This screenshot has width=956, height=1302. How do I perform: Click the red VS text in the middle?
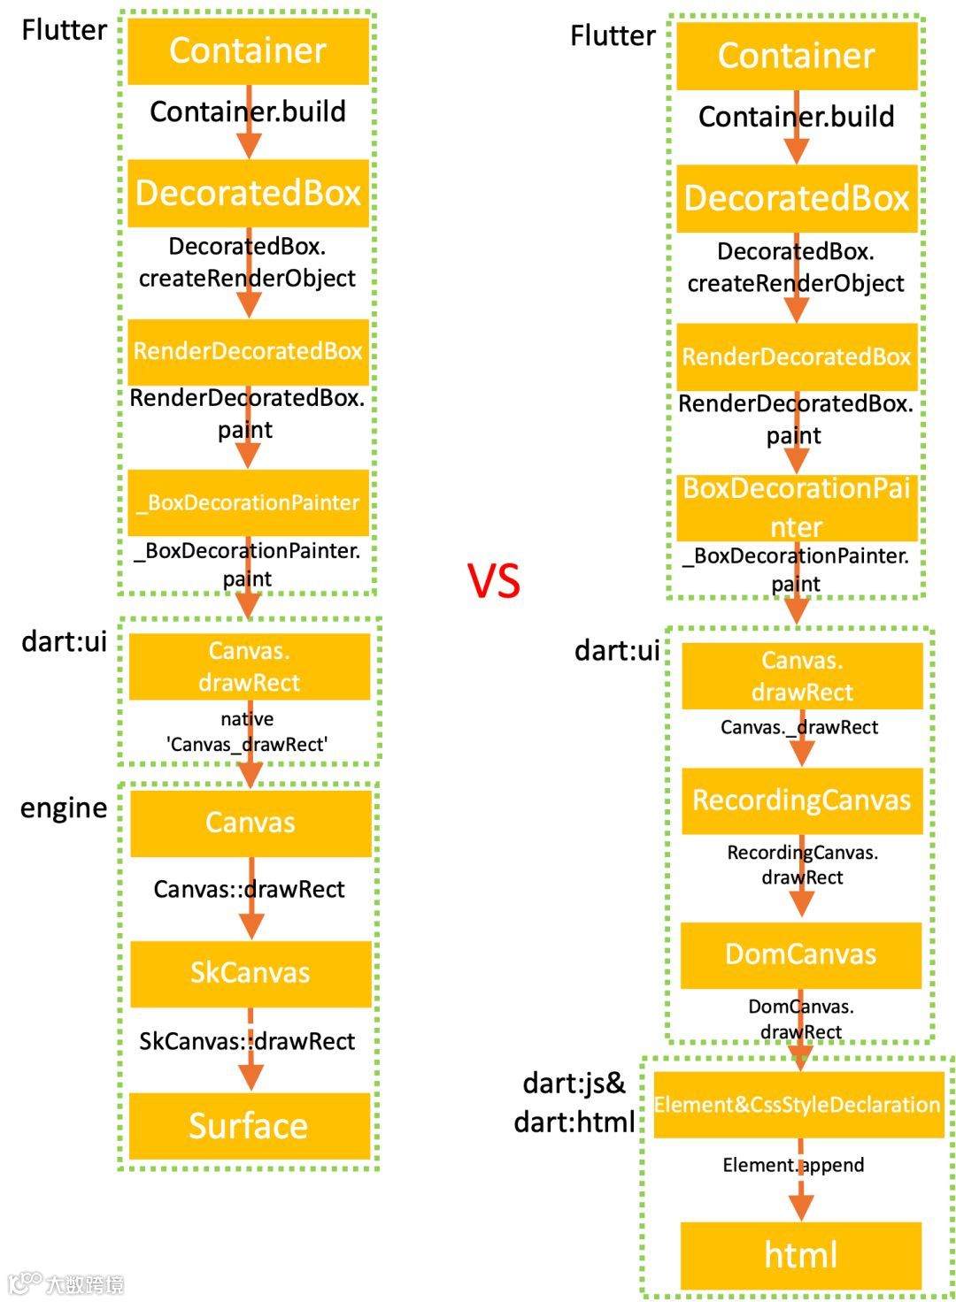pos(494,581)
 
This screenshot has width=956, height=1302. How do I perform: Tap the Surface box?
pos(249,1125)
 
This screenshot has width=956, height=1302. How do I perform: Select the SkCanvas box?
pos(250,973)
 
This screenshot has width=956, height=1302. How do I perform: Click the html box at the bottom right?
pos(800,1254)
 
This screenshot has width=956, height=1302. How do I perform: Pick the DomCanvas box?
pos(800,954)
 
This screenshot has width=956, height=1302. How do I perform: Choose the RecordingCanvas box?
pos(801,800)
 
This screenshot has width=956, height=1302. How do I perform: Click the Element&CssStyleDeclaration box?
pos(797,1105)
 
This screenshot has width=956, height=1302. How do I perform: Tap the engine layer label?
pos(64,808)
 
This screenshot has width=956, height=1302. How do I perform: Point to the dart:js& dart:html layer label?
pos(574,1102)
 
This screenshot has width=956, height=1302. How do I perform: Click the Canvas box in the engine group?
pos(250,823)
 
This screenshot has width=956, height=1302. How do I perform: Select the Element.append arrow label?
pos(793,1165)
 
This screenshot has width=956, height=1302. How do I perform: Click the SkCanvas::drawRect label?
pos(247,1041)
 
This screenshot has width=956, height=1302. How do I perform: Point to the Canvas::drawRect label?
pos(249,889)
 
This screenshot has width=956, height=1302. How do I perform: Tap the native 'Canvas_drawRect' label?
pos(247,731)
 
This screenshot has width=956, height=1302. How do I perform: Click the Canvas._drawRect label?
pos(799,727)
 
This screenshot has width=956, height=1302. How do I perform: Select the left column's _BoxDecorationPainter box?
pos(248,502)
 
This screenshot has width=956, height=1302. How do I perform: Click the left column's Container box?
pos(248,51)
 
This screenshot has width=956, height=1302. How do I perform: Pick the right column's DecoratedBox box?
pos(797,198)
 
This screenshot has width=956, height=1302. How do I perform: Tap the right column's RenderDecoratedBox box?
pos(797,356)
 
